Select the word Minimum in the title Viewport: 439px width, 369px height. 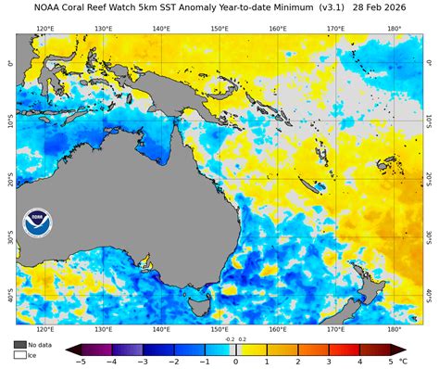coord(271,7)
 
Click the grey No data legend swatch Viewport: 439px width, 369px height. coord(19,344)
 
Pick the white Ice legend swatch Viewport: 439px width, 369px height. coord(19,354)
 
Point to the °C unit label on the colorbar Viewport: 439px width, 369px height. coord(404,361)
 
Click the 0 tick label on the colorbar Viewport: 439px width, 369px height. coord(235,361)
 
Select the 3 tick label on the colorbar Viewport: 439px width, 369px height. coord(329,361)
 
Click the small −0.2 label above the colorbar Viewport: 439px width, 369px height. coord(229,339)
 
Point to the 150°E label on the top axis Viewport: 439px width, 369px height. coord(219,29)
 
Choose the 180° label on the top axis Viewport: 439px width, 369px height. coord(394,29)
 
